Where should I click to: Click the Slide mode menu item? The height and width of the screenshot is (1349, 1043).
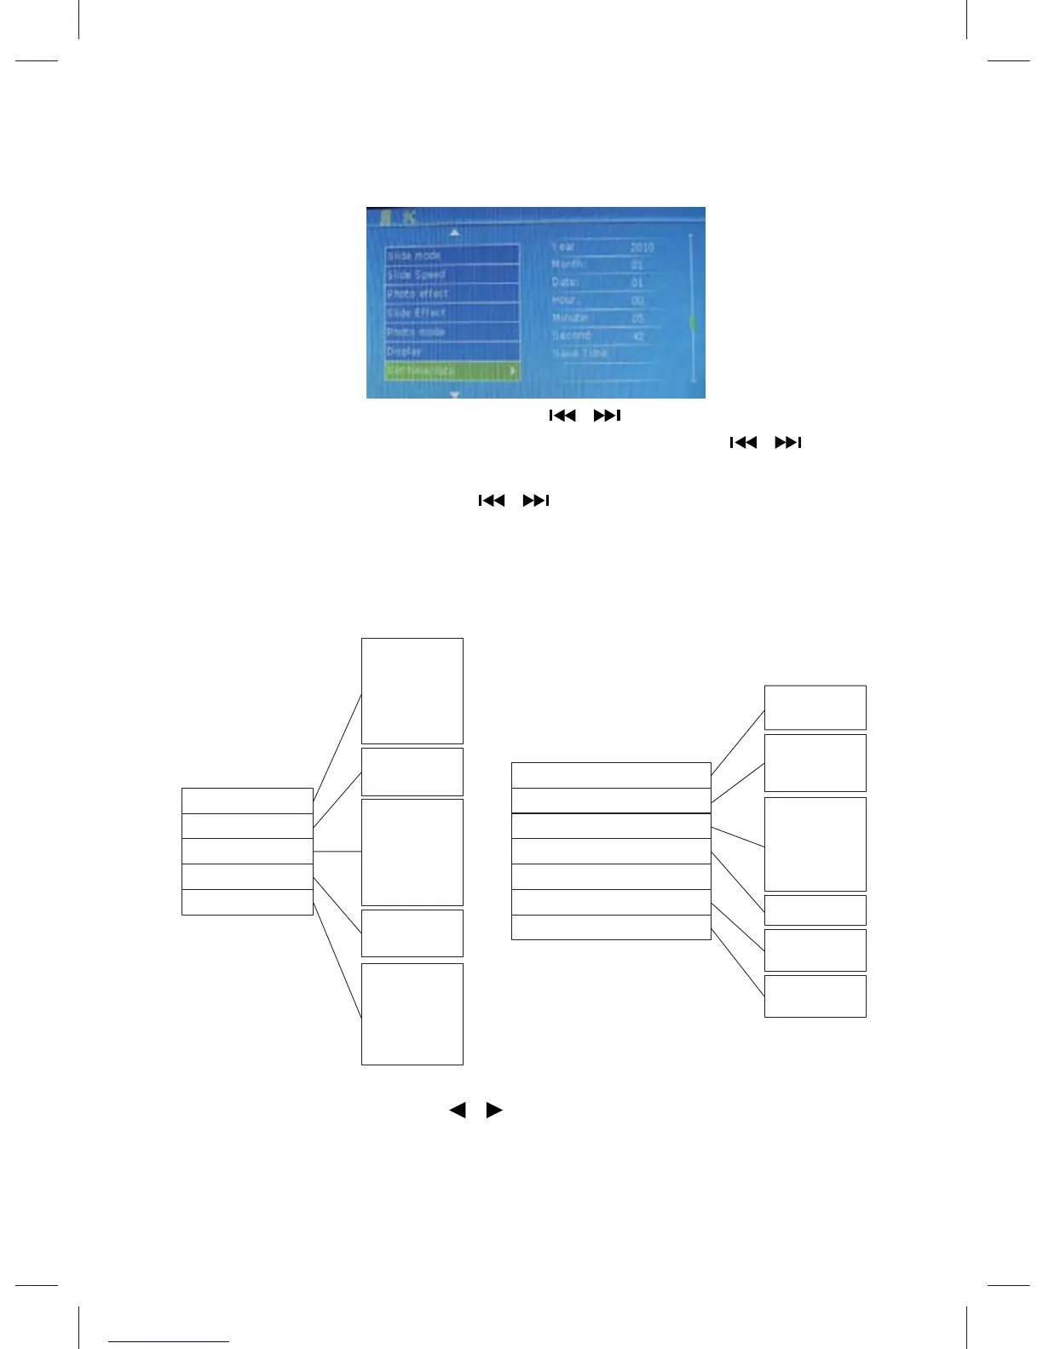point(452,255)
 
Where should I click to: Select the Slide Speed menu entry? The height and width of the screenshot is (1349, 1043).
point(452,275)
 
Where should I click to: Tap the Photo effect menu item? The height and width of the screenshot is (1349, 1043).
point(452,294)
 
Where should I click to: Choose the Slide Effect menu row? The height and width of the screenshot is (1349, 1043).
point(452,313)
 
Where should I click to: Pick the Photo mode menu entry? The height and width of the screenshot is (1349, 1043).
point(452,332)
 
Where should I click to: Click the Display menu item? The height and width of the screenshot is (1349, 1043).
point(452,351)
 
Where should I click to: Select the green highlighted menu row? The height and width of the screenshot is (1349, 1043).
point(452,371)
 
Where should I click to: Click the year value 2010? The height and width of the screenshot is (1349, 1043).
point(642,247)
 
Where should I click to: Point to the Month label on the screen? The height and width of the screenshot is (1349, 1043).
point(568,264)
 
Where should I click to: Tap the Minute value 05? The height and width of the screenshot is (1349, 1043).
point(638,319)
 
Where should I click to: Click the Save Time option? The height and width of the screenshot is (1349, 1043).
point(580,353)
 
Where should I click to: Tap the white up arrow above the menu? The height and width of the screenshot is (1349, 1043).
point(455,232)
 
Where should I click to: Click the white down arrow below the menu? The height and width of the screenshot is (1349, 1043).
point(455,394)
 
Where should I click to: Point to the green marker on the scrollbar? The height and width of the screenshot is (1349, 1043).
point(692,323)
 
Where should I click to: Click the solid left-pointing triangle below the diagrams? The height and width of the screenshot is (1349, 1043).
point(458,1111)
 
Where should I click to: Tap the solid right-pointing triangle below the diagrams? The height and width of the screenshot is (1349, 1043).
point(494,1111)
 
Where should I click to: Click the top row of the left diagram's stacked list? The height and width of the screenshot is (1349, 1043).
point(247,801)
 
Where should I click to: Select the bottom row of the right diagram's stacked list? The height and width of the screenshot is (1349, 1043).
point(610,927)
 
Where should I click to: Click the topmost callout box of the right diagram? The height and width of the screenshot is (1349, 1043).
point(815,708)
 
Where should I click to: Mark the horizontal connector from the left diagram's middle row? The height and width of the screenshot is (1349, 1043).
point(337,852)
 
